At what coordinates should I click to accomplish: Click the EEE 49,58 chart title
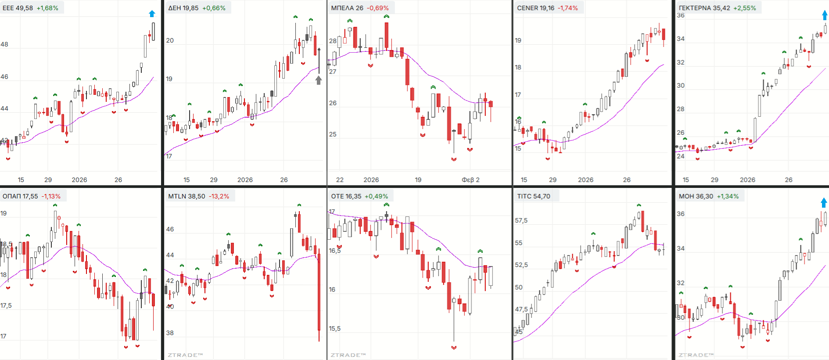pyautogui.click(x=18, y=8)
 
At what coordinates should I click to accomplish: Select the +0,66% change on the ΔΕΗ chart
pyautogui.click(x=214, y=8)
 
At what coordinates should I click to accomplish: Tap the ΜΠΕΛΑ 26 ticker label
pyautogui.click(x=347, y=8)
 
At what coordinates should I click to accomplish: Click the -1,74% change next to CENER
pyautogui.click(x=568, y=8)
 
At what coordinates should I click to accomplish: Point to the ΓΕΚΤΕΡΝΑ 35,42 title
pyautogui.click(x=704, y=8)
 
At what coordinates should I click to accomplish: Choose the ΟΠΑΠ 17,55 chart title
pyautogui.click(x=20, y=196)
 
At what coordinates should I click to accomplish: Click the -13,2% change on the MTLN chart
pyautogui.click(x=219, y=196)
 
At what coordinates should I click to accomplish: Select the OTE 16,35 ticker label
pyautogui.click(x=346, y=196)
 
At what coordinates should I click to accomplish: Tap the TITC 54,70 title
pyautogui.click(x=534, y=196)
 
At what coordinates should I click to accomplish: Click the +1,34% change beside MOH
pyautogui.click(x=728, y=196)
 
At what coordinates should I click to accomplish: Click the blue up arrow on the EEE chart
pyautogui.click(x=152, y=14)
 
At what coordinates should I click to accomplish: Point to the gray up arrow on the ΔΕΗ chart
pyautogui.click(x=319, y=80)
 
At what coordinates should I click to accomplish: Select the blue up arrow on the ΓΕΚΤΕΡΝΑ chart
pyautogui.click(x=825, y=15)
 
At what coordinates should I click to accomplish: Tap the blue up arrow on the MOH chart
pyautogui.click(x=824, y=202)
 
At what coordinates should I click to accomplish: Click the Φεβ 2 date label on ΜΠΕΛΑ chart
pyautogui.click(x=470, y=180)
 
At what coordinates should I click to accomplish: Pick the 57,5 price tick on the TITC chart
pyautogui.click(x=521, y=220)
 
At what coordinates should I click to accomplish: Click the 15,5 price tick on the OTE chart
pyautogui.click(x=334, y=328)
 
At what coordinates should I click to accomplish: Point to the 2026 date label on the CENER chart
pyautogui.click(x=585, y=180)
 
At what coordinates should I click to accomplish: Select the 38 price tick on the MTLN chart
pyautogui.click(x=170, y=333)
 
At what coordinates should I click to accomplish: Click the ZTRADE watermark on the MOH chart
pyautogui.click(x=696, y=355)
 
